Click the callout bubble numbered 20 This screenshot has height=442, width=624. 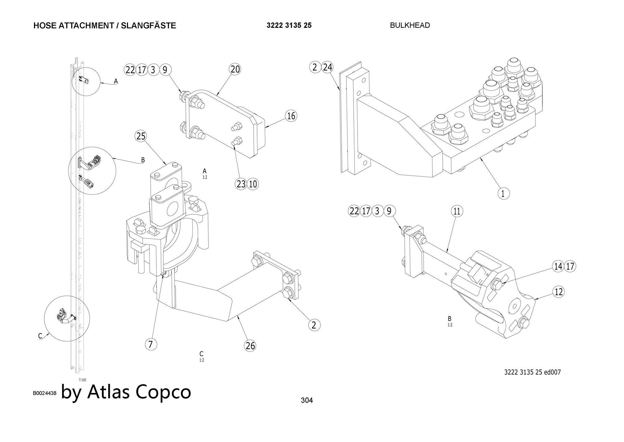pyautogui.click(x=235, y=69)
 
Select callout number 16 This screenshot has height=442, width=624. pyautogui.click(x=291, y=116)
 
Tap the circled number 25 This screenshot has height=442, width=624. pyautogui.click(x=141, y=136)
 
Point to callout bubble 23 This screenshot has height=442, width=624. pyautogui.click(x=241, y=184)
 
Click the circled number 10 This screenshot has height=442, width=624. pyautogui.click(x=253, y=184)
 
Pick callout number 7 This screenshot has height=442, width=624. pyautogui.click(x=151, y=344)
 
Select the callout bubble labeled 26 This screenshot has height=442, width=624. pyautogui.click(x=250, y=345)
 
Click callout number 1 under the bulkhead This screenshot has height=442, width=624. pyautogui.click(x=503, y=193)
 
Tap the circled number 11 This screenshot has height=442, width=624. pyautogui.click(x=457, y=211)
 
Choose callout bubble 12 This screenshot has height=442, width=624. pyautogui.click(x=558, y=292)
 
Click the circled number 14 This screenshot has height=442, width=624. pyautogui.click(x=558, y=266)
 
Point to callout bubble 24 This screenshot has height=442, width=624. pyautogui.click(x=327, y=67)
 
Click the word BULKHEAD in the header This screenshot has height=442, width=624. pyautogui.click(x=410, y=25)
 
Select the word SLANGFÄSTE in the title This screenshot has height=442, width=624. pyautogui.click(x=149, y=26)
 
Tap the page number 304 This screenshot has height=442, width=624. pyautogui.click(x=307, y=400)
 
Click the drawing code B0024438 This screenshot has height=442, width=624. pyautogui.click(x=45, y=393)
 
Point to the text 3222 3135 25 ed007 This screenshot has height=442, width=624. pyautogui.click(x=532, y=372)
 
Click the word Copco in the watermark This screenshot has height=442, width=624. pyautogui.click(x=163, y=392)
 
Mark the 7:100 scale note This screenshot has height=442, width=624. pyautogui.click(x=82, y=380)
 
